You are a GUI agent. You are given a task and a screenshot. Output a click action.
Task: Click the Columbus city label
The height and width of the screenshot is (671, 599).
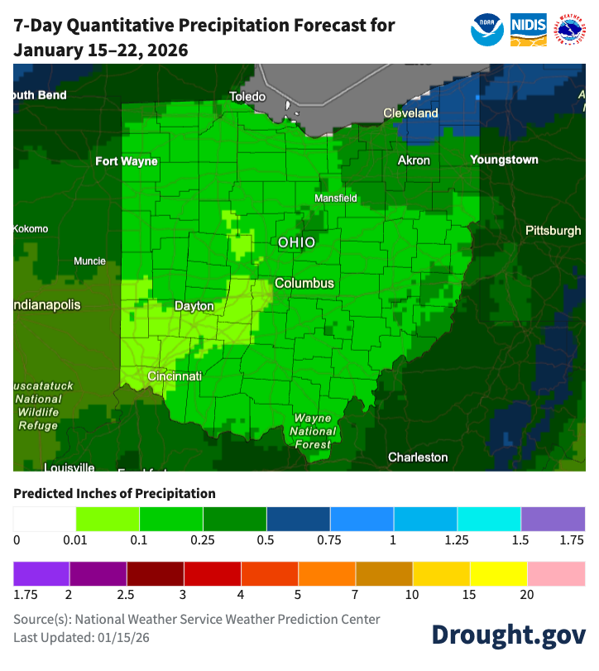tap(304, 283)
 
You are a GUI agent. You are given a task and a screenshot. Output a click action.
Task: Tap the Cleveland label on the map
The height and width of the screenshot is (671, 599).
tap(410, 113)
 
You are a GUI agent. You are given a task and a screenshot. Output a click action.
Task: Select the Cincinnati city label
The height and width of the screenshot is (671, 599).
tap(175, 376)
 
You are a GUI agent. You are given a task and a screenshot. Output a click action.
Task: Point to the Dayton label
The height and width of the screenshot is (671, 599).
tap(194, 306)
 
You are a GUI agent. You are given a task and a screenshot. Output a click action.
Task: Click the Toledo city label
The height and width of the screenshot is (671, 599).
tap(247, 97)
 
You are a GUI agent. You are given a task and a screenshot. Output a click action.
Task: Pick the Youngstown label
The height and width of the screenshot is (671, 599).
tap(504, 160)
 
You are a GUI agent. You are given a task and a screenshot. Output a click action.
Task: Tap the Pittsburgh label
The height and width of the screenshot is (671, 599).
tap(553, 231)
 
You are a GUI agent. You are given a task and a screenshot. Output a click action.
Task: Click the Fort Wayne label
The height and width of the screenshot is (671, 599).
tap(126, 161)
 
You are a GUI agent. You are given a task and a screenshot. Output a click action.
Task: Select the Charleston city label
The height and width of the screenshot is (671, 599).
tap(418, 457)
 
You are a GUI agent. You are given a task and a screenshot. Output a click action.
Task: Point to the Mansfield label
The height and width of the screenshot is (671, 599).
tap(336, 199)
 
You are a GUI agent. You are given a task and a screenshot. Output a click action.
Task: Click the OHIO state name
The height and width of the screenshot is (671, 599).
tap(296, 242)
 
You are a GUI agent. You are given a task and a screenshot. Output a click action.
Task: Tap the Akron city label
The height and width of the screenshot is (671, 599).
tap(414, 160)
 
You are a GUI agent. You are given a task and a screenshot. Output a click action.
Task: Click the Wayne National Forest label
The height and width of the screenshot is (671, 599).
tap(313, 431)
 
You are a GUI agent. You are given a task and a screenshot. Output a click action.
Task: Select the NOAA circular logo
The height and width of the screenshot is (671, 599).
tap(487, 30)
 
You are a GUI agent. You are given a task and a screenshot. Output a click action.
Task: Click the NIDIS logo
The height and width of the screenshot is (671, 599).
tap(528, 30)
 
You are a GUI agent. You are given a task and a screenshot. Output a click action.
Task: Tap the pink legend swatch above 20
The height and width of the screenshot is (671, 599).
tap(556, 573)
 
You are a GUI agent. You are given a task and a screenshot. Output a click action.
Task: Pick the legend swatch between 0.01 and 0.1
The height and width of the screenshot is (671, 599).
tap(108, 519)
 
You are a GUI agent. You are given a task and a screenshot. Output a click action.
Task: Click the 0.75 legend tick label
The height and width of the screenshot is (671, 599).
tap(330, 540)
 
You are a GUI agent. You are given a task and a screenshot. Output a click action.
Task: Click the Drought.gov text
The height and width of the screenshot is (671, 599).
tap(508, 633)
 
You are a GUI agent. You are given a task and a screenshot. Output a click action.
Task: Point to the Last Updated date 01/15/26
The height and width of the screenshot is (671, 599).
tap(127, 637)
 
